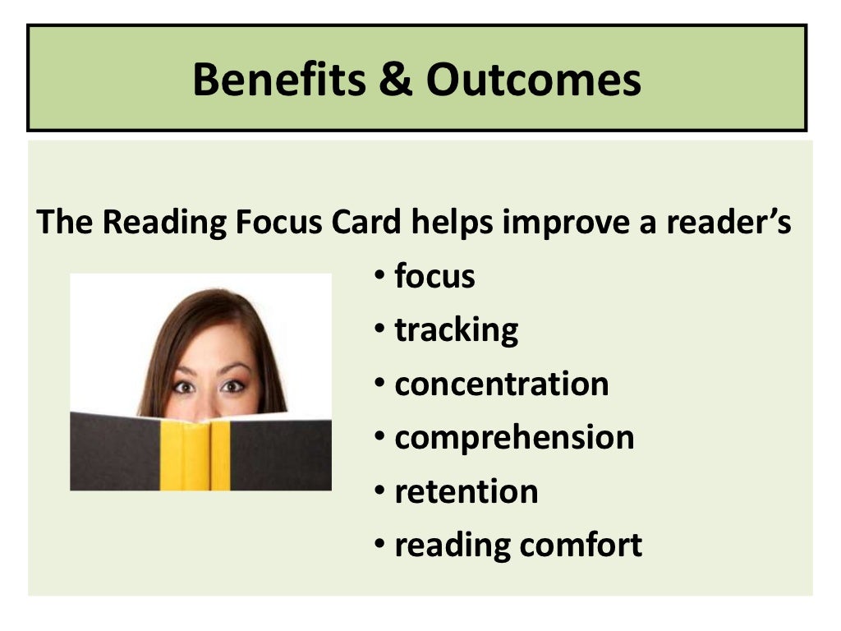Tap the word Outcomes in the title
pyautogui.click(x=533, y=80)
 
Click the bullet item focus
pyautogui.click(x=434, y=277)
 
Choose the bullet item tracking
pyautogui.click(x=456, y=330)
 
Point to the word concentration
pyautogui.click(x=501, y=384)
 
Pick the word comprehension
pyautogui.click(x=514, y=438)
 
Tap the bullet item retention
pyautogui.click(x=466, y=491)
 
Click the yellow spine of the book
pyautogui.click(x=197, y=455)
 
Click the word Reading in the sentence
pyautogui.click(x=154, y=223)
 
